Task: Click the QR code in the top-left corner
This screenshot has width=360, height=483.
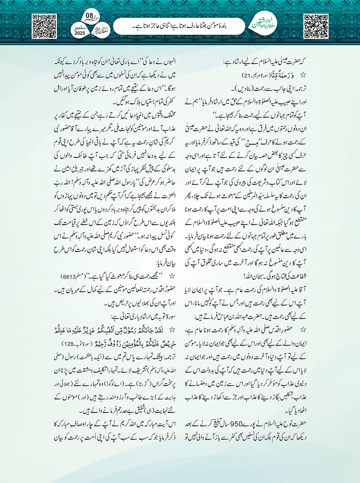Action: [44, 26]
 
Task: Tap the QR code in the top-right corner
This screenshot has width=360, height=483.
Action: [316, 26]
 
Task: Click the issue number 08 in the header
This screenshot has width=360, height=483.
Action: [89, 16]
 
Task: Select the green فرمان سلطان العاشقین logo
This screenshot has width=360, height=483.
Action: [266, 25]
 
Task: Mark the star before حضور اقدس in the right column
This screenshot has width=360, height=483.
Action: [303, 329]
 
